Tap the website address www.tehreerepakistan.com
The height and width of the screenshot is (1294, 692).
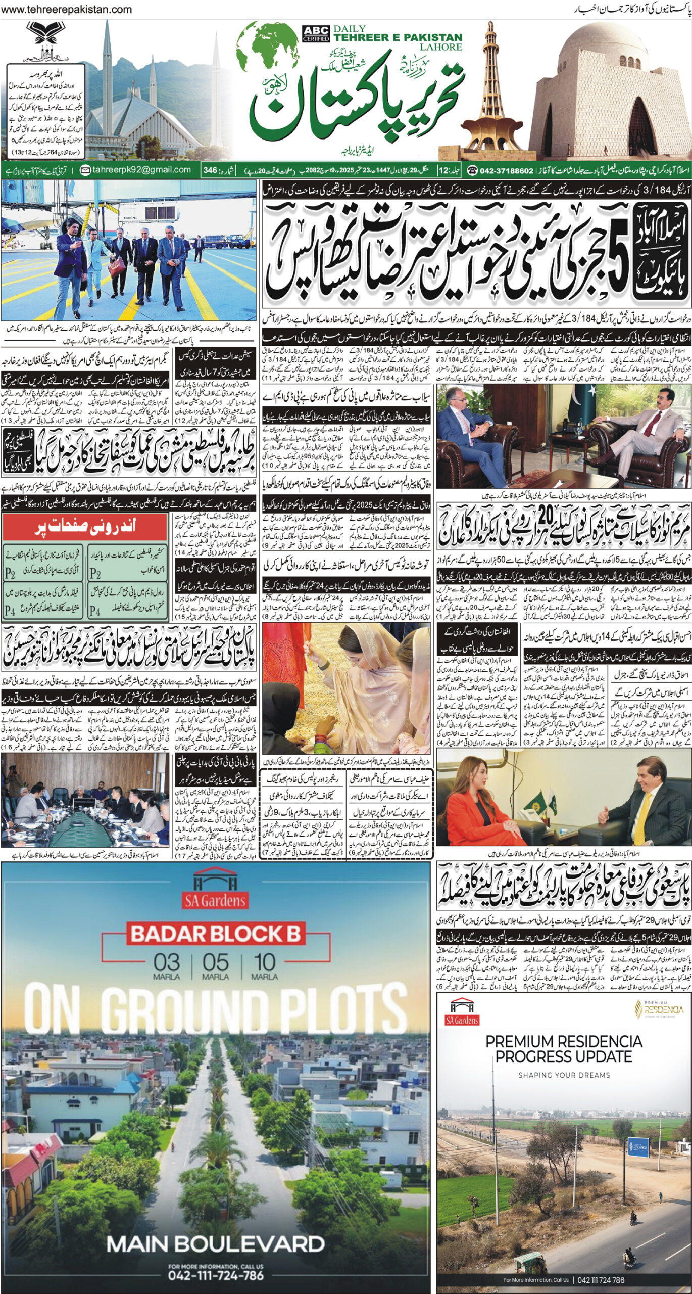pos(67,10)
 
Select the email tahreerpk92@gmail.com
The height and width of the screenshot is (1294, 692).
pos(136,170)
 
